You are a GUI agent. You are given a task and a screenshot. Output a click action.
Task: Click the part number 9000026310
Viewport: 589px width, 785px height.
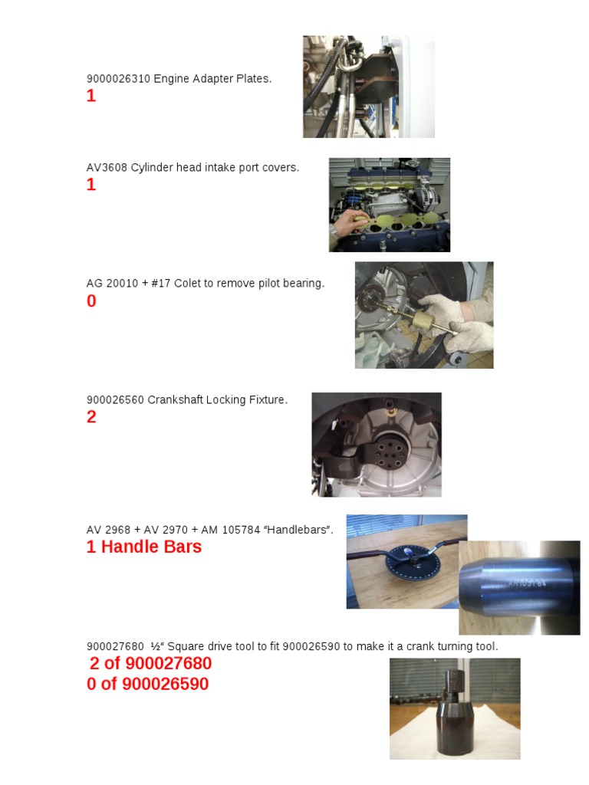coord(118,79)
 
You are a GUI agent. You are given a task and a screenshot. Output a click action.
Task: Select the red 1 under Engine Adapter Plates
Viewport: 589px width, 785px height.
coord(91,97)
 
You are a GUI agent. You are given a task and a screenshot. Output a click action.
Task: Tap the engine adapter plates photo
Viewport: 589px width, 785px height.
coord(368,87)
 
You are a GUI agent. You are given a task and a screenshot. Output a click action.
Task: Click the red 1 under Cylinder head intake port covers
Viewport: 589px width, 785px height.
coord(91,185)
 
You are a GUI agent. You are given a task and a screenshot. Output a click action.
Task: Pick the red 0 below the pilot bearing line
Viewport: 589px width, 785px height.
coord(91,301)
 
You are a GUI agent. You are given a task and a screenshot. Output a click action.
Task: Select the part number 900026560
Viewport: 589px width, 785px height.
coord(115,399)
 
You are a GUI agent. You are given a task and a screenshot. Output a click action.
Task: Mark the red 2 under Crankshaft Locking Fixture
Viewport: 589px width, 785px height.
coord(91,418)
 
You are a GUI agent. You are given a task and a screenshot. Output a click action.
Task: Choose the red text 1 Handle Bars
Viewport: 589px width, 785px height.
coord(144,547)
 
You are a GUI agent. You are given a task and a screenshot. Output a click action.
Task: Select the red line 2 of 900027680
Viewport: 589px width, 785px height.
coord(150,664)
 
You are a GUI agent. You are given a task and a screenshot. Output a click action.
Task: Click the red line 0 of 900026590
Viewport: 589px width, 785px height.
coord(147,684)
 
